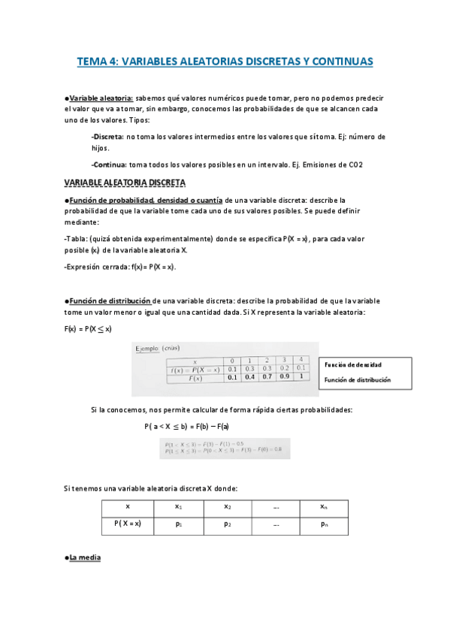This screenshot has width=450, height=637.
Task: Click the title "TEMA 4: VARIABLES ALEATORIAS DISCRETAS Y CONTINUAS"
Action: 225,62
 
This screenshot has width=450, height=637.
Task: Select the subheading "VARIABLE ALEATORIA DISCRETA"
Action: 125,183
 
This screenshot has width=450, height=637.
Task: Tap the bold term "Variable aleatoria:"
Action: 101,98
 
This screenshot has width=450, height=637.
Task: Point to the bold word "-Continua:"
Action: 109,165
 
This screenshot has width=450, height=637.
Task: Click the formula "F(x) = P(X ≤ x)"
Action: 88,328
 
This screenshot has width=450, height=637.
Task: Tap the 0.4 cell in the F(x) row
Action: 249,378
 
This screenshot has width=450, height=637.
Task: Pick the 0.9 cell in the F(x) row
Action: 284,378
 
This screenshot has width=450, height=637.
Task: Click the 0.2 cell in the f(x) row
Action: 284,369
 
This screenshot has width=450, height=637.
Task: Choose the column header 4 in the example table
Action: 301,360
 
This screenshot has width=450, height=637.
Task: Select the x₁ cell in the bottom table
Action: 178,507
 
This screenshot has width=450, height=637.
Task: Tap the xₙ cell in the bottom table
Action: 323,507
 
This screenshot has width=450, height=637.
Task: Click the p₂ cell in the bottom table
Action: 227,524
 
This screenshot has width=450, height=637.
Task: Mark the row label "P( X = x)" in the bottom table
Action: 128,524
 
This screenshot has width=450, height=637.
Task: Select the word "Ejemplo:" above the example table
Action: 149,349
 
